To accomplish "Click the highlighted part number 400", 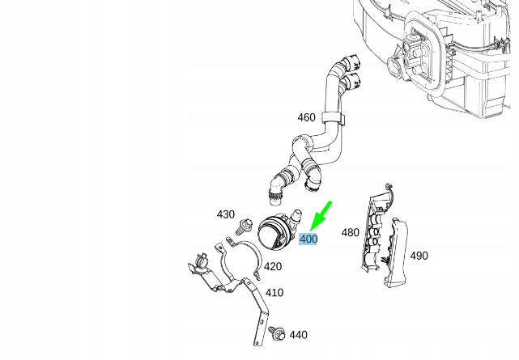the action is pos(308,239).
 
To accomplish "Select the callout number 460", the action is pos(307,117).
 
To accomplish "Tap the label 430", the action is pos(226,214).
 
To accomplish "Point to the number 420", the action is pos(273,266).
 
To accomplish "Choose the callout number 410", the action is pos(274,293).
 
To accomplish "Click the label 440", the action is pos(298,335).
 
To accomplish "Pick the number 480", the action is pos(351,233).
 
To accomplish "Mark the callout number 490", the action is pos(419,256).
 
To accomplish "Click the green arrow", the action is pos(321,216).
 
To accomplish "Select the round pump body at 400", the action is pos(272,232).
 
